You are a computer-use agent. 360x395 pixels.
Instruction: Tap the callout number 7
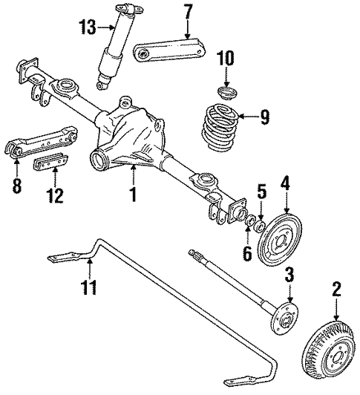coord(188,13)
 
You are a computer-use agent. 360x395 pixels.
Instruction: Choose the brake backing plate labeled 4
coord(280,238)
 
